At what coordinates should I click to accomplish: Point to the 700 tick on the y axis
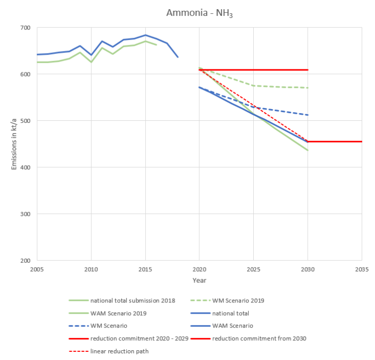pos(25,28)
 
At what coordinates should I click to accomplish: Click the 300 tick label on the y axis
pos(25,214)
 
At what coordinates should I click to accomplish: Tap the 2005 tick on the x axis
pos(37,268)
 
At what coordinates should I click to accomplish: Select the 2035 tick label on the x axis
pos(362,268)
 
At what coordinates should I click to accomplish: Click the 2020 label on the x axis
pos(199,268)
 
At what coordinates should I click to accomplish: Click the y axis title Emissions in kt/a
pos(14,144)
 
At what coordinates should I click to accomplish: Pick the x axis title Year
pos(199,280)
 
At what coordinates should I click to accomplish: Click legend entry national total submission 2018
pos(133,300)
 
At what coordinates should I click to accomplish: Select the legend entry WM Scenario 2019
pos(238,300)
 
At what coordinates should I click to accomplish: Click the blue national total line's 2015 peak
pos(145,35)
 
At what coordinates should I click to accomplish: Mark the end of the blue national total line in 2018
pos(178,57)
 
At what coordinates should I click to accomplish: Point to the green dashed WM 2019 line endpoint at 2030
pos(308,88)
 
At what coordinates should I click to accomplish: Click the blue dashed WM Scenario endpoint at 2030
pos(308,115)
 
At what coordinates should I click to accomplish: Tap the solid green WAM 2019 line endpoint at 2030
pos(308,150)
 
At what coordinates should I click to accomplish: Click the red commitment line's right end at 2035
pos(361,141)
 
